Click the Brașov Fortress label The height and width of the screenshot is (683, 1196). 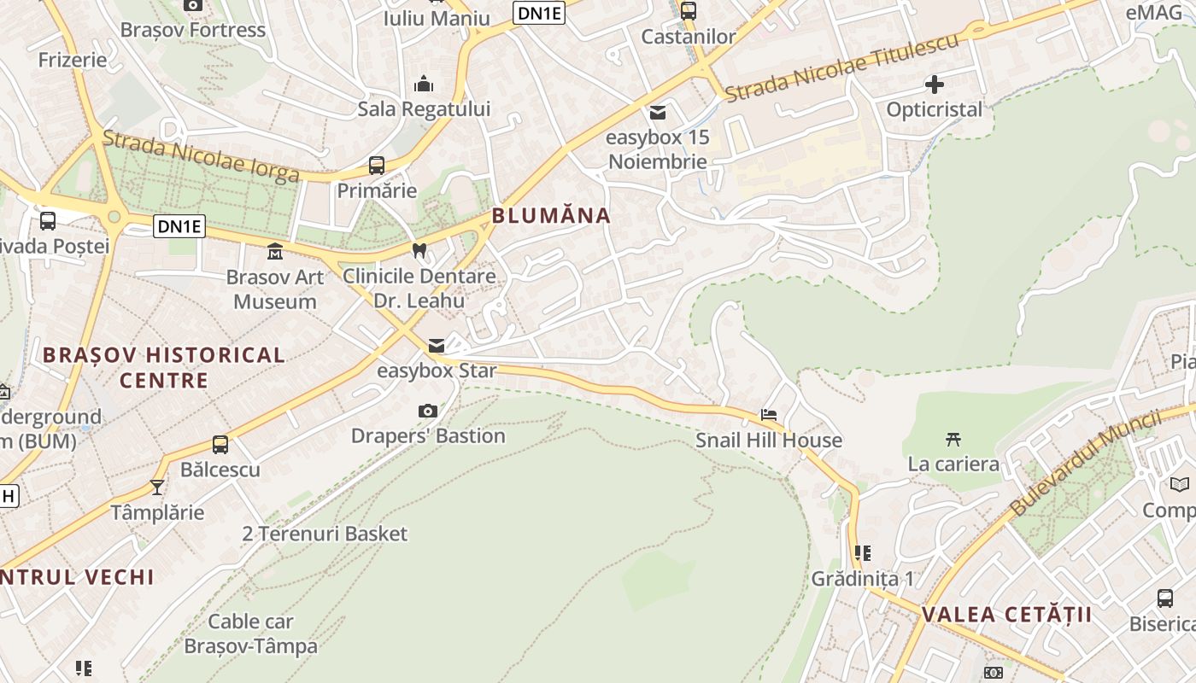pos(193,30)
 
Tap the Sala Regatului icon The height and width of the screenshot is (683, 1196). pos(424,85)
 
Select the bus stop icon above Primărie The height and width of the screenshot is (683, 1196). pos(377,166)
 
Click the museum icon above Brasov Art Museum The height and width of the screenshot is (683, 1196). pos(275,252)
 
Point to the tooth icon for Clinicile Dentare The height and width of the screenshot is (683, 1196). pos(419,251)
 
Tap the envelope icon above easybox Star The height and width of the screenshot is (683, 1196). pos(437,346)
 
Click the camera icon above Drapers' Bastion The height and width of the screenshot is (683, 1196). pos(428,412)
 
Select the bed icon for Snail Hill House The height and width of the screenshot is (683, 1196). pos(769,416)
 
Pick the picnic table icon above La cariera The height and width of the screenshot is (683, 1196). pos(953,440)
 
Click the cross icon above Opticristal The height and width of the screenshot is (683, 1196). pos(935,85)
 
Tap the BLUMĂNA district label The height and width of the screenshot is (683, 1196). pos(551,216)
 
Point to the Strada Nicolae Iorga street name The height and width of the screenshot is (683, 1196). pos(201,156)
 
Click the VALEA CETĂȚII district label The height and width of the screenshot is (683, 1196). pos(1007,615)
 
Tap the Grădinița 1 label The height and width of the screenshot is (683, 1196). pos(863,579)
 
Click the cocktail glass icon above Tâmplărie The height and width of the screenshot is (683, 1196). pos(157,487)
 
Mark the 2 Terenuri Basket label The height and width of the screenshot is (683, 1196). pos(325,534)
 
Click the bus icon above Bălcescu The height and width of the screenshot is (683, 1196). pos(220,445)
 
